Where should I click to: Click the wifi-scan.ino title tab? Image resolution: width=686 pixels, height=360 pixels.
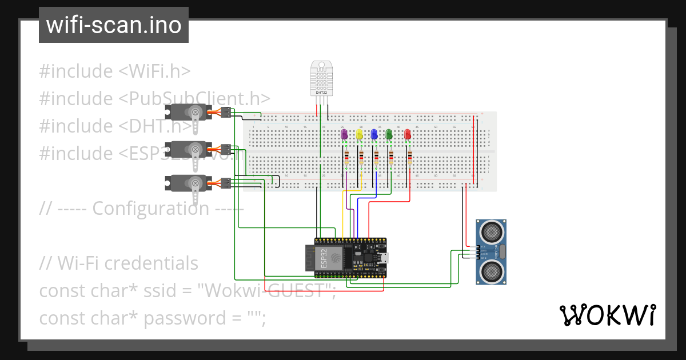click(x=113, y=25)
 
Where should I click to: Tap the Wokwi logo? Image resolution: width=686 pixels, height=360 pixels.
click(x=607, y=315)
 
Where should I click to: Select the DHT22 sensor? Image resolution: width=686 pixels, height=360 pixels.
click(x=321, y=79)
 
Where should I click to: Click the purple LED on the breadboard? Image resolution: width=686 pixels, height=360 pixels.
click(x=344, y=134)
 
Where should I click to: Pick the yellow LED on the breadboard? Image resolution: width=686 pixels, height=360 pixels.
click(x=360, y=134)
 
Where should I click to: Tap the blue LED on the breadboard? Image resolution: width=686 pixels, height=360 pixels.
click(x=374, y=134)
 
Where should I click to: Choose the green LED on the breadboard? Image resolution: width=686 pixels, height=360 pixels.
click(x=389, y=134)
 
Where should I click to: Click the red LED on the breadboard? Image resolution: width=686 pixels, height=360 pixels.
click(x=408, y=134)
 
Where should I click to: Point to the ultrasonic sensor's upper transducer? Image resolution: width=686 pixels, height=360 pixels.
click(x=492, y=231)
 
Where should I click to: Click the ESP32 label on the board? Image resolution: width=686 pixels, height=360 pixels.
click(x=324, y=258)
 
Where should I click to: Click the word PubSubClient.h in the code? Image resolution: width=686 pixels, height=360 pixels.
click(x=194, y=98)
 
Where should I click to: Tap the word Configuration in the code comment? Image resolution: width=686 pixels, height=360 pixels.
click(x=150, y=209)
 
